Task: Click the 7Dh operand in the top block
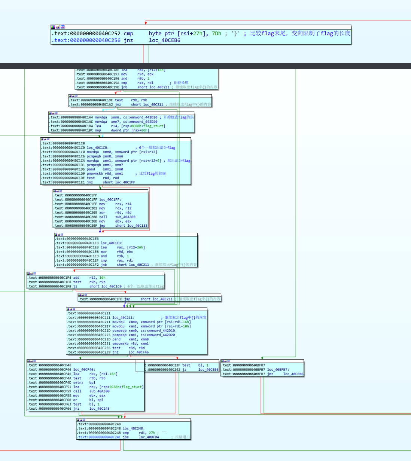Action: tap(216, 33)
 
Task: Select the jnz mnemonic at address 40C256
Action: tap(128, 40)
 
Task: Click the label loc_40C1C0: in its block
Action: tap(98, 148)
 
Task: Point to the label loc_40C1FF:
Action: tap(110, 200)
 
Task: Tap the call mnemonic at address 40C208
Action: tap(103, 217)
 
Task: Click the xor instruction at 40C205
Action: tap(102, 213)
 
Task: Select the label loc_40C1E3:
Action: tap(112, 243)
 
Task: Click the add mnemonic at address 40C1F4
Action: tap(76, 278)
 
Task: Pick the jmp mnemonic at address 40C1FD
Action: tap(127, 299)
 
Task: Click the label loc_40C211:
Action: tap(123, 318)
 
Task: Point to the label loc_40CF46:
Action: tap(84, 370)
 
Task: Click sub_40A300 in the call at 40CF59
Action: tap(99, 391)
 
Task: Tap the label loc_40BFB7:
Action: tap(278, 370)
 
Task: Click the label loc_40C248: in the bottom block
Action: tap(134, 429)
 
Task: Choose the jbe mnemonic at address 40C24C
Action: tap(126, 437)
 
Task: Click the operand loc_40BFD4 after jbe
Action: tap(149, 437)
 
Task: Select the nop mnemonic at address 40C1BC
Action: tap(98, 131)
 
